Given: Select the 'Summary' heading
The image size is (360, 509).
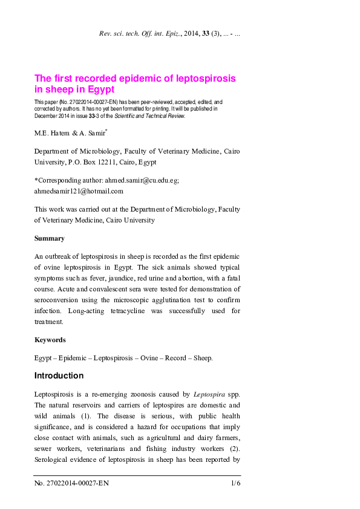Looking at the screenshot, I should tap(49, 239).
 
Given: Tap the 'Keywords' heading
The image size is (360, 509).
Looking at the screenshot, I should tap(50, 340).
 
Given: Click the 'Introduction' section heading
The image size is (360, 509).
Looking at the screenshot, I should tap(59, 375).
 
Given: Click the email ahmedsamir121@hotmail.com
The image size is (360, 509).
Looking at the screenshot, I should tap(79, 191).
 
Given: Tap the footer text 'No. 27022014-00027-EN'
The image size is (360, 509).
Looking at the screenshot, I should tap(71, 484).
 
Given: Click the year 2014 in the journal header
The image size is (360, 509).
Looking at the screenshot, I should tap(189, 34).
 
